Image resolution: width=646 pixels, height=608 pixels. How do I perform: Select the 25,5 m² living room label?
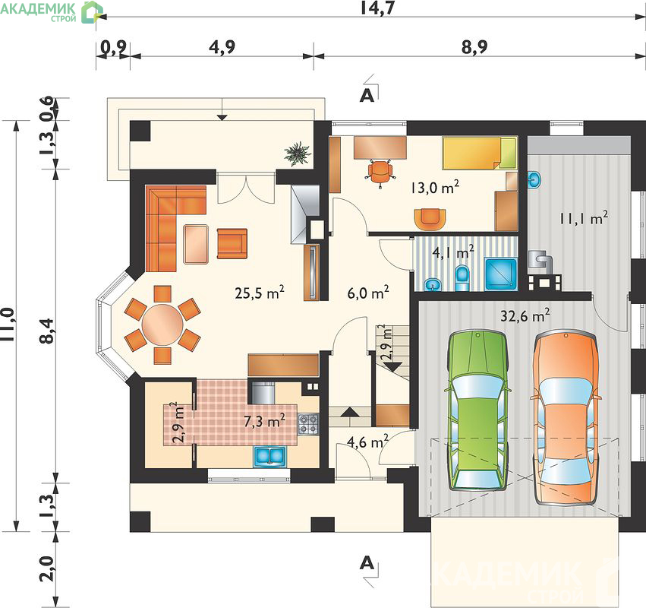[260, 293]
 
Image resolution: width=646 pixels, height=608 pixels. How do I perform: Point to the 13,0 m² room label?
[435, 188]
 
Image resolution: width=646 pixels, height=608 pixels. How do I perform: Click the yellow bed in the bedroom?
[480, 154]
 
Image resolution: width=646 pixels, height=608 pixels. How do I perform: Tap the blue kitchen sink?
[270, 457]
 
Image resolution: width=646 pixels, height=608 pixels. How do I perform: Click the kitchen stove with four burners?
[308, 424]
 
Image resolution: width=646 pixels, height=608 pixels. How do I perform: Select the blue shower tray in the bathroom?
[501, 274]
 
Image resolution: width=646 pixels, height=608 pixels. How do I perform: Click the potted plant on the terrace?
[298, 154]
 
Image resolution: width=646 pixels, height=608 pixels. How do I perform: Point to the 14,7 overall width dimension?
[377, 8]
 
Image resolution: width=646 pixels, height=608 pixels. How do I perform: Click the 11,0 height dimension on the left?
[8, 325]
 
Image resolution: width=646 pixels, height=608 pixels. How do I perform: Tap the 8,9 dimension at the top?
[474, 46]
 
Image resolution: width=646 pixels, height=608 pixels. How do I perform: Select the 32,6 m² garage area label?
[525, 315]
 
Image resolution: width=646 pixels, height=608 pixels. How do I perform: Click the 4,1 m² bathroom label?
[452, 252]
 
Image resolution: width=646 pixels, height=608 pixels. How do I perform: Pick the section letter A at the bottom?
[367, 563]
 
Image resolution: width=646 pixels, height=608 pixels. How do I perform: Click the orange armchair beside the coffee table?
[232, 243]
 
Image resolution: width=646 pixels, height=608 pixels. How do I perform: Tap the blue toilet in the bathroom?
[462, 278]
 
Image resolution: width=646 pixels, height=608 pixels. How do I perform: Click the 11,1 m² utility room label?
[584, 217]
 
